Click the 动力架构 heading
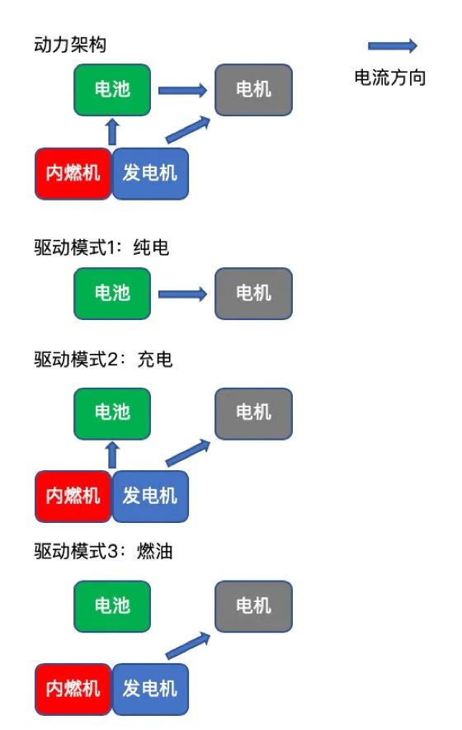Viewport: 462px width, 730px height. pyautogui.click(x=70, y=45)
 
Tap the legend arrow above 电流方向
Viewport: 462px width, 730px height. pyautogui.click(x=393, y=45)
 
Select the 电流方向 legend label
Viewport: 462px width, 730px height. pyautogui.click(x=389, y=78)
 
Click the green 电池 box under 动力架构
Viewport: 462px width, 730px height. pyautogui.click(x=112, y=90)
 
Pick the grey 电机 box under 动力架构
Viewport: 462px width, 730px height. pyautogui.click(x=253, y=90)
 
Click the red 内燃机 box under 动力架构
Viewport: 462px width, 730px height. pyautogui.click(x=73, y=174)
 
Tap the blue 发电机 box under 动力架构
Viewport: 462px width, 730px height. pyautogui.click(x=150, y=174)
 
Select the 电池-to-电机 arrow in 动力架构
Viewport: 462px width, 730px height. pyautogui.click(x=182, y=90)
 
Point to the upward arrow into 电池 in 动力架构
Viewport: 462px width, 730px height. pyautogui.click(x=111, y=132)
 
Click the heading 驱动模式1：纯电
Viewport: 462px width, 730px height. pyautogui.click(x=101, y=247)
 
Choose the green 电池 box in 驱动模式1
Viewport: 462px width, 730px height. pyautogui.click(x=112, y=294)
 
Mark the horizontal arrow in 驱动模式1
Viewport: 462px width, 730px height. pyautogui.click(x=182, y=294)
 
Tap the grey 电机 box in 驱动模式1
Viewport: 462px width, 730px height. pyautogui.click(x=253, y=294)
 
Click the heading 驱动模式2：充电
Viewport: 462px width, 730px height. pyautogui.click(x=103, y=360)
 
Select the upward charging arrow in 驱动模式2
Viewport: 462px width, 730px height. pyautogui.click(x=111, y=454)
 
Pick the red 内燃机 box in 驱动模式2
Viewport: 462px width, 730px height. pyautogui.click(x=73, y=497)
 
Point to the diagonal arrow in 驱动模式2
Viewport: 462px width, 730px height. pyautogui.click(x=188, y=453)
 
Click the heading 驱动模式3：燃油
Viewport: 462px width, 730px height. pyautogui.click(x=103, y=552)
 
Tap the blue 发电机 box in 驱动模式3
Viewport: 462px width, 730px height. pyautogui.click(x=150, y=690)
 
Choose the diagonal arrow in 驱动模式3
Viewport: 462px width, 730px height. pyautogui.click(x=188, y=646)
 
